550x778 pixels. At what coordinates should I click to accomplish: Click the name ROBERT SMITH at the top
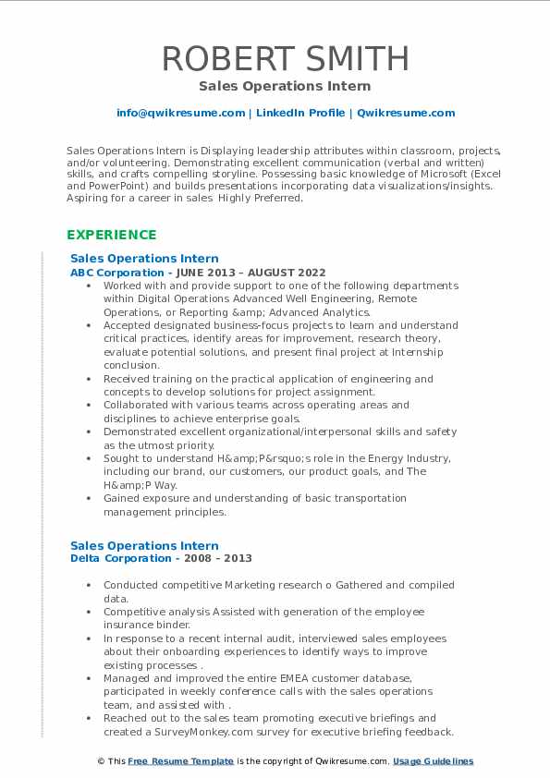(286, 58)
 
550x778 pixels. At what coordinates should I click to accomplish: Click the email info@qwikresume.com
(180, 113)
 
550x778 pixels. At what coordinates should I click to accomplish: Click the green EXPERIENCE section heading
(112, 235)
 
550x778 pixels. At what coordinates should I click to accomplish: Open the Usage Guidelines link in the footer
(433, 761)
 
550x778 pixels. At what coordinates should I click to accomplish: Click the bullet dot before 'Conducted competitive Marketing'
(88, 585)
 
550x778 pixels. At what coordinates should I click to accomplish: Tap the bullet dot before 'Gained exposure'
(88, 498)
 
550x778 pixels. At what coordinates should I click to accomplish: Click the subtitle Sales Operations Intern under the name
(285, 86)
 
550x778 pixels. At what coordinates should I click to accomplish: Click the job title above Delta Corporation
(144, 546)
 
